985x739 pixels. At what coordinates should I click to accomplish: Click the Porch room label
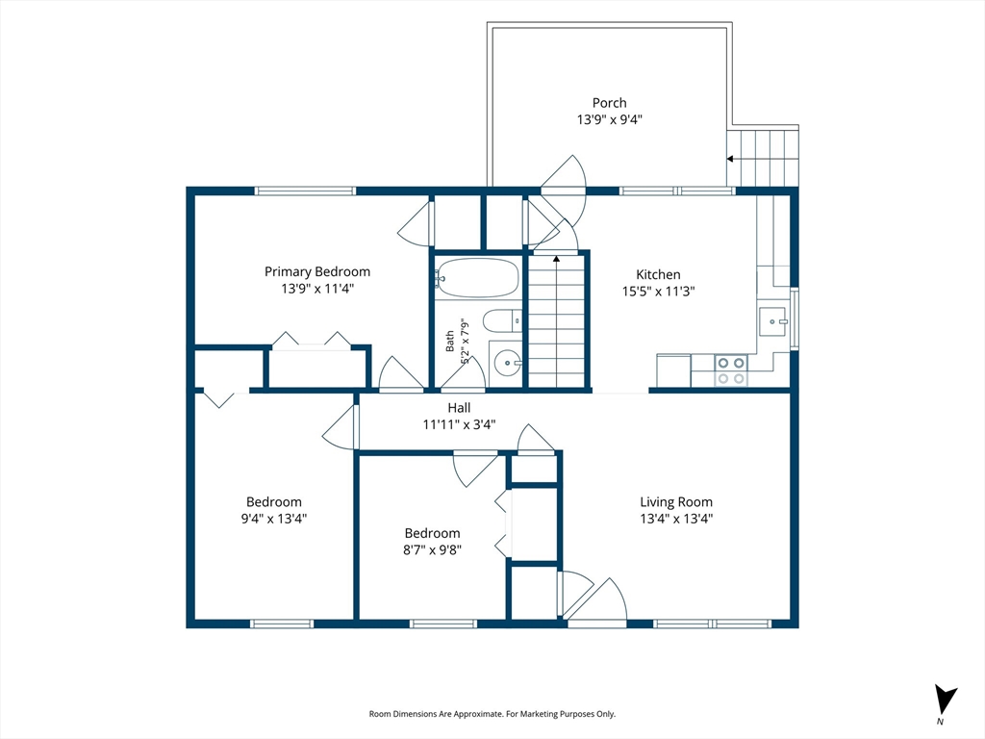tap(609, 103)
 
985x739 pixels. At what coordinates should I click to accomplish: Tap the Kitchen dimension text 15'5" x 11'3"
tap(658, 291)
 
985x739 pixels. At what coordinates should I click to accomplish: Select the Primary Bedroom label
tap(317, 271)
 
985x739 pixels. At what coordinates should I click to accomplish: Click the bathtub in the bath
tap(477, 278)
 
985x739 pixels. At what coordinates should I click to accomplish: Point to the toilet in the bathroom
tap(502, 321)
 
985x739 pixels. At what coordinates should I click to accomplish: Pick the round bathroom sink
tap(507, 363)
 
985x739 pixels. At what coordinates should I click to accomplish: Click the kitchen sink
tap(772, 321)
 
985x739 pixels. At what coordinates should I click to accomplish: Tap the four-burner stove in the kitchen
tap(731, 370)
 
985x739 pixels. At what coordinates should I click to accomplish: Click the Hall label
tap(459, 408)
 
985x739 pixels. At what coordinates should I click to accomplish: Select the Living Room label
tap(676, 502)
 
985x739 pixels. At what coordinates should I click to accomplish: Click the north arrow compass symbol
tap(946, 699)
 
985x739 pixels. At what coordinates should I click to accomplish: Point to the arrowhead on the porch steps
tap(730, 159)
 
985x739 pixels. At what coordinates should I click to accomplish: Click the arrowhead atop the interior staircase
tap(556, 258)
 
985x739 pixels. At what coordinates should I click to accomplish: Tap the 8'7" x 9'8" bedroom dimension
tap(432, 549)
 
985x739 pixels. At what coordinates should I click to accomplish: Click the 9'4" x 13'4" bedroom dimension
tap(274, 519)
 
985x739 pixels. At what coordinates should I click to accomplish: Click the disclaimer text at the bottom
tap(492, 714)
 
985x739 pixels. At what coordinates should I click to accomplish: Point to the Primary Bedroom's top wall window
tap(305, 191)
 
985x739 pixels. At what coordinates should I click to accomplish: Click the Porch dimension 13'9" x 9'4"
tap(609, 119)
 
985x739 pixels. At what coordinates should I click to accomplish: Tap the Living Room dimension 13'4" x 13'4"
tap(676, 519)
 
